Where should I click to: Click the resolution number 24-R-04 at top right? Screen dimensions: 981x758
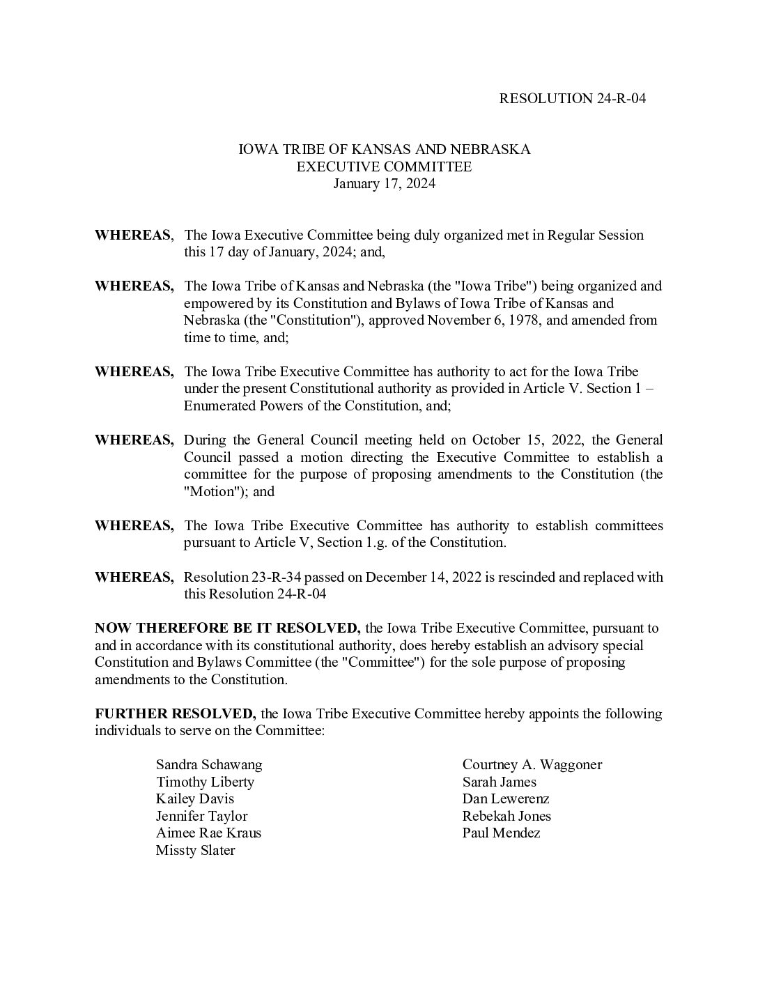[x=621, y=98]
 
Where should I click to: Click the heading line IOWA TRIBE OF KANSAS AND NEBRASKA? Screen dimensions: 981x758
[x=385, y=150]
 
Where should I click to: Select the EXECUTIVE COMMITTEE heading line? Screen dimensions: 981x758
[x=384, y=167]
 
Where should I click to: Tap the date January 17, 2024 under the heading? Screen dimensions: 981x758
[x=384, y=184]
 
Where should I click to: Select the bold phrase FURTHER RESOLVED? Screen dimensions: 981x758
[x=176, y=714]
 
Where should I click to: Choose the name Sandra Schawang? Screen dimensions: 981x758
[x=209, y=765]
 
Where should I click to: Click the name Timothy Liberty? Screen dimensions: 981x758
[x=205, y=782]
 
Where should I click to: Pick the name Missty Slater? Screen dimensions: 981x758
[x=195, y=851]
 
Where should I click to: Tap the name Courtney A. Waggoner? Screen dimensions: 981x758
[x=532, y=765]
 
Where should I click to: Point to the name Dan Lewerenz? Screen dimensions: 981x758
[x=506, y=799]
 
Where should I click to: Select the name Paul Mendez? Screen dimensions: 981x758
[x=501, y=833]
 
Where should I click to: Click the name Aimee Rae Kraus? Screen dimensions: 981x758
[x=208, y=833]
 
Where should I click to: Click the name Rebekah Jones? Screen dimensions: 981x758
[x=506, y=817]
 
